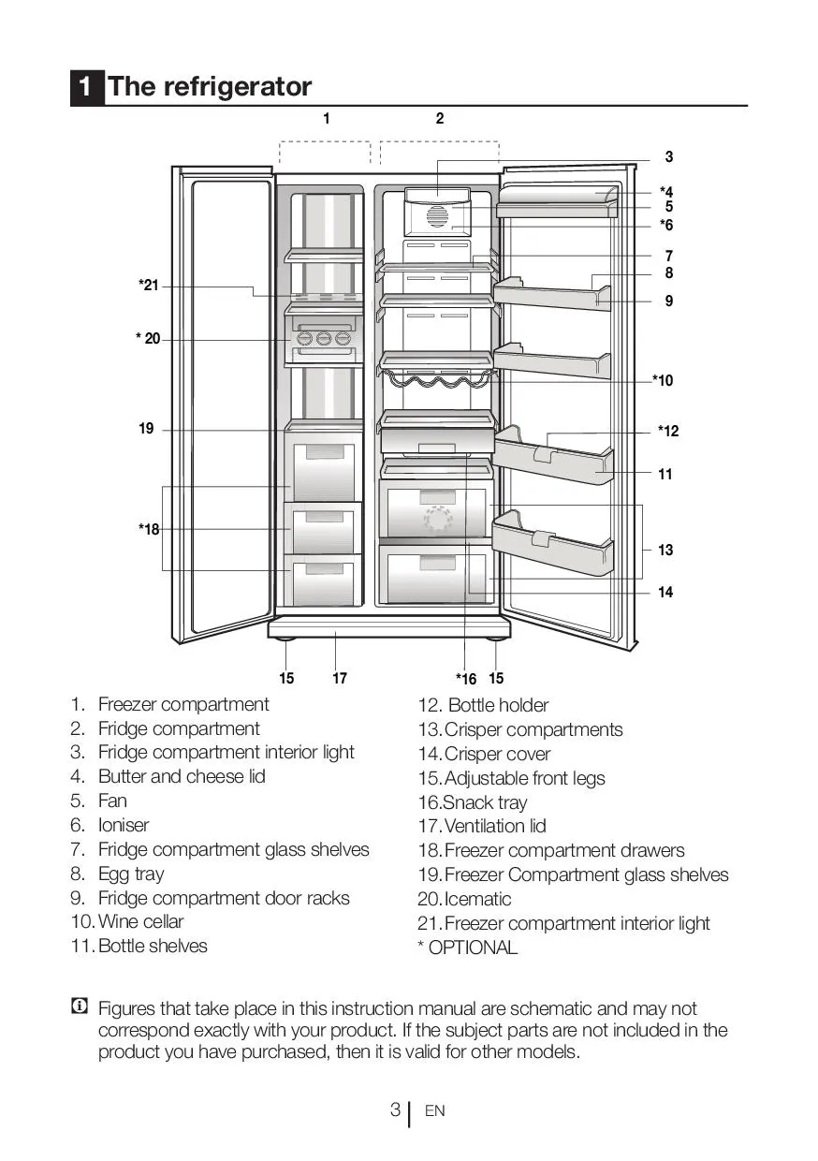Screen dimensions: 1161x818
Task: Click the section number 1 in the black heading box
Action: (86, 87)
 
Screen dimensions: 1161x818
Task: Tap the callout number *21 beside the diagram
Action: (149, 285)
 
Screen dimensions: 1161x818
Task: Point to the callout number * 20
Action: (147, 339)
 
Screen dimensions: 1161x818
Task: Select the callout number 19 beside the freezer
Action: (146, 429)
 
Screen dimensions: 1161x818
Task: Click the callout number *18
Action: (149, 529)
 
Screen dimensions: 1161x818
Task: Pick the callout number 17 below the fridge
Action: (340, 678)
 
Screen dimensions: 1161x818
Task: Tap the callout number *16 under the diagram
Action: (466, 679)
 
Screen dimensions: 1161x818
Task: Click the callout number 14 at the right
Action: (665, 592)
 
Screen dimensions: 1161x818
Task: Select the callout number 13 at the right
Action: (665, 550)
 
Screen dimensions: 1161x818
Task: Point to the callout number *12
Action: (668, 431)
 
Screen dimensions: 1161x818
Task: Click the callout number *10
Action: (663, 380)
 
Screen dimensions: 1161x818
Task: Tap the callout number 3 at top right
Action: (669, 157)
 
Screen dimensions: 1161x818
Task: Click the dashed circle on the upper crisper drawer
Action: (438, 520)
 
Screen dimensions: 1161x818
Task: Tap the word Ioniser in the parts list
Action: (124, 825)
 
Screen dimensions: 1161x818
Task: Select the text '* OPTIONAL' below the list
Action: (467, 948)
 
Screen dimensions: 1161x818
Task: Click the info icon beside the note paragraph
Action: (80, 1007)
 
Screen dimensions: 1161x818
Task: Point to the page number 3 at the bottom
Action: (395, 1110)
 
